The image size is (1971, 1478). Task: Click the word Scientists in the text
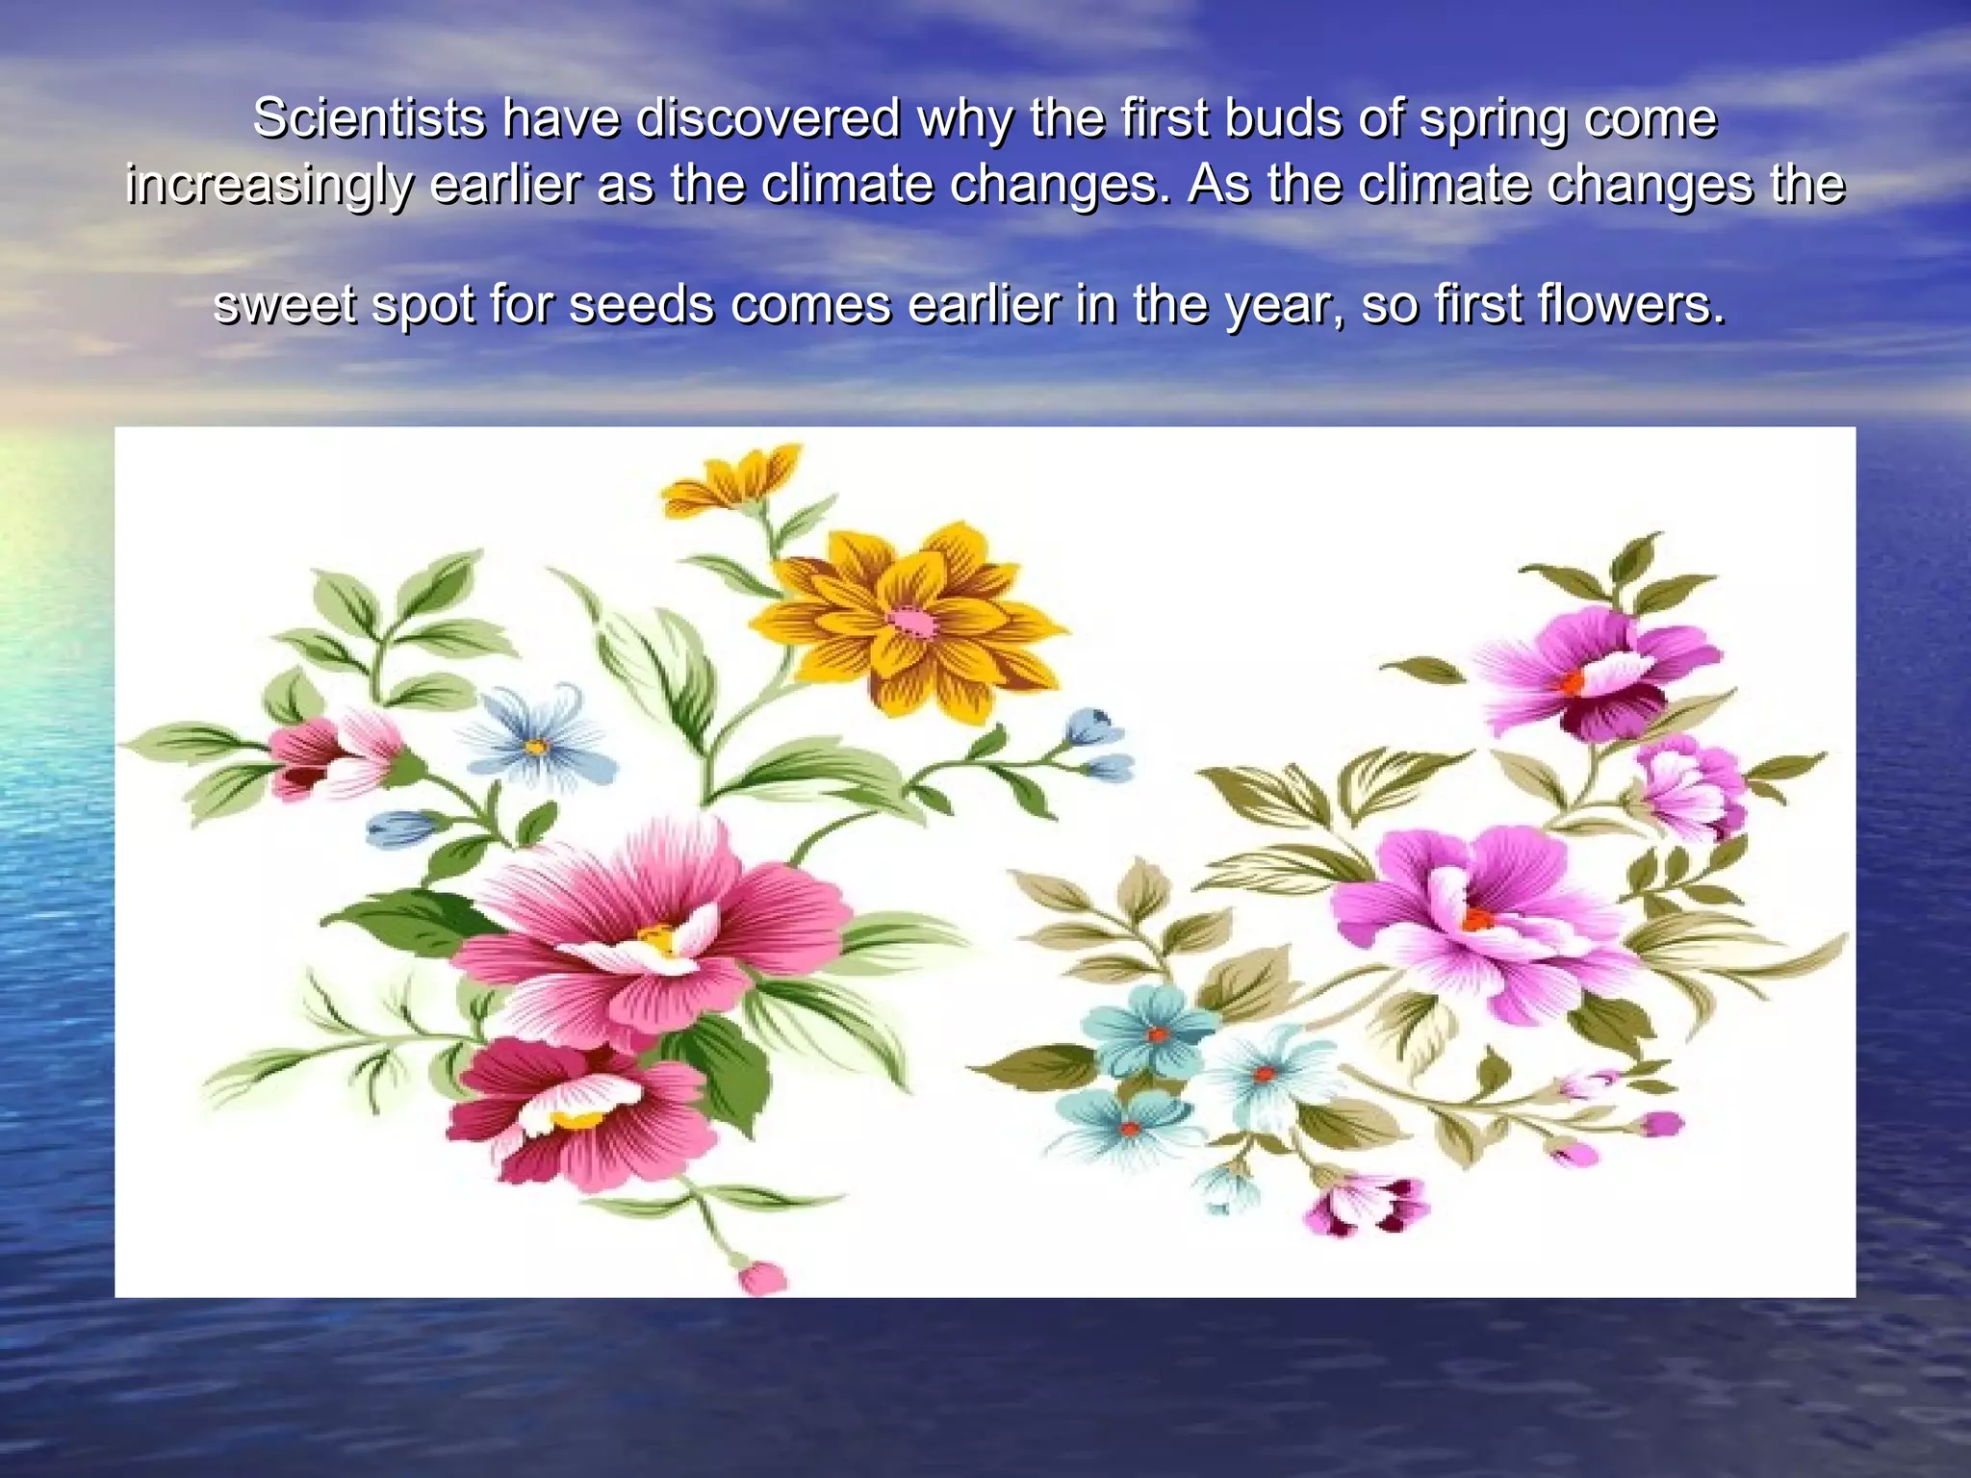pos(369,119)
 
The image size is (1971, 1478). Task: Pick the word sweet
pos(284,306)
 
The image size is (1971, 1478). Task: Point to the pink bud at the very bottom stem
pos(762,1277)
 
